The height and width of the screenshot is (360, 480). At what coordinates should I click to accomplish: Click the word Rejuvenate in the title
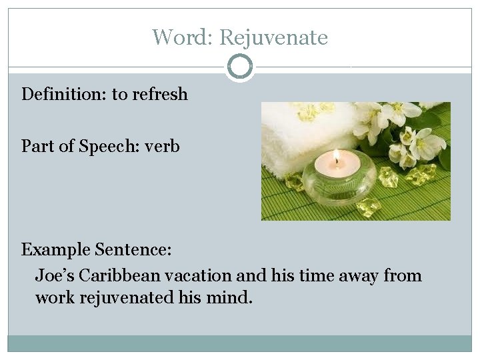273,37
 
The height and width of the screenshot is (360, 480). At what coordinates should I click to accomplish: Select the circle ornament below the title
240,67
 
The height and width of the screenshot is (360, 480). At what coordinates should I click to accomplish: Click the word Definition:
64,95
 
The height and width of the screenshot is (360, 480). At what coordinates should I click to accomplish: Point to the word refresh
160,95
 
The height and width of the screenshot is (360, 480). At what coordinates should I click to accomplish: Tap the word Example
56,250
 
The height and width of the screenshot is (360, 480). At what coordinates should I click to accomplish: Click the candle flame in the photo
337,158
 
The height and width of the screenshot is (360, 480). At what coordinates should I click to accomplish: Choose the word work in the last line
55,297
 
